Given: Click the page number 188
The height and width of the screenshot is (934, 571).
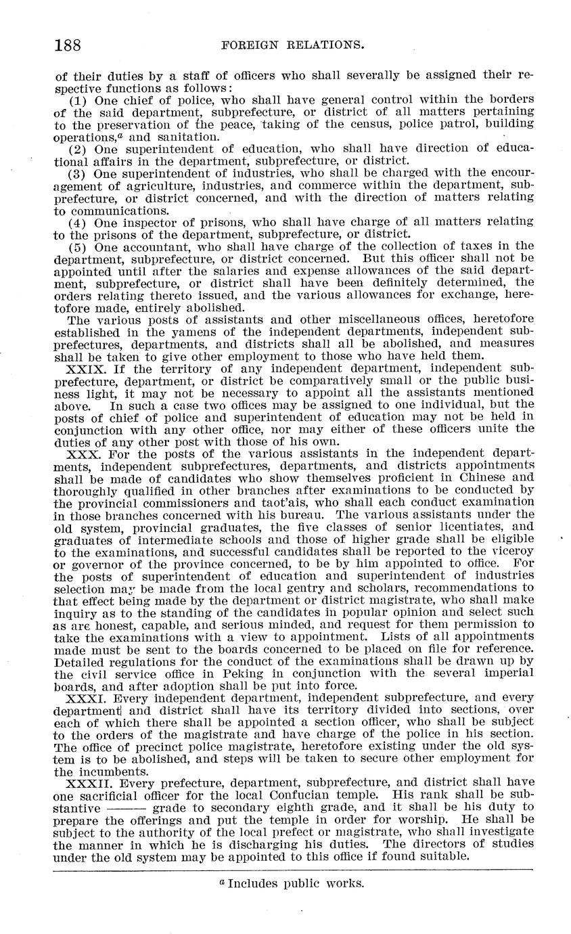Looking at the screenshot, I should (x=68, y=45).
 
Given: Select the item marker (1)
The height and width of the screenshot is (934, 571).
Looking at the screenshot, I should (x=78, y=99).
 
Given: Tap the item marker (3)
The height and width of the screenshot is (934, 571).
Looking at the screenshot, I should (x=78, y=173).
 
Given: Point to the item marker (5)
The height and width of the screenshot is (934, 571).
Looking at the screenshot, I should (x=78, y=246).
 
